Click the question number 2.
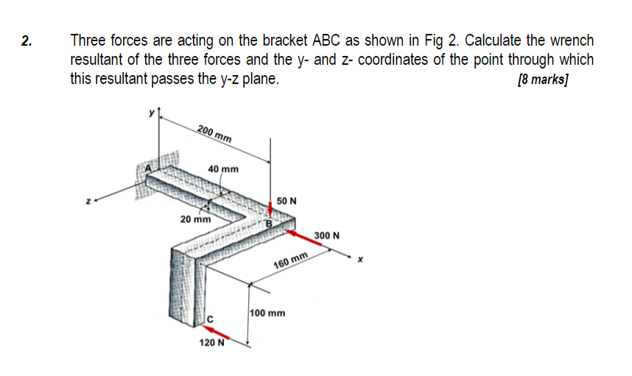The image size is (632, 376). pos(27,41)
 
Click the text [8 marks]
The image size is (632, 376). pos(544,80)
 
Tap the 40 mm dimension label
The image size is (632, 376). pos(223,169)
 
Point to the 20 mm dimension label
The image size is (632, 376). pos(196,219)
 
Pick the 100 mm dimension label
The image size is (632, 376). pos(267,313)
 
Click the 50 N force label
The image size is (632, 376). pos(287,201)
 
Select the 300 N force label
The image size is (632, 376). pos(326,235)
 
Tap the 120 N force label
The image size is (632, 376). pos(211,343)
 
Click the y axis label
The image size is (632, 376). pos(153,113)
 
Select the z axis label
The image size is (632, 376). pos(88,199)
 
